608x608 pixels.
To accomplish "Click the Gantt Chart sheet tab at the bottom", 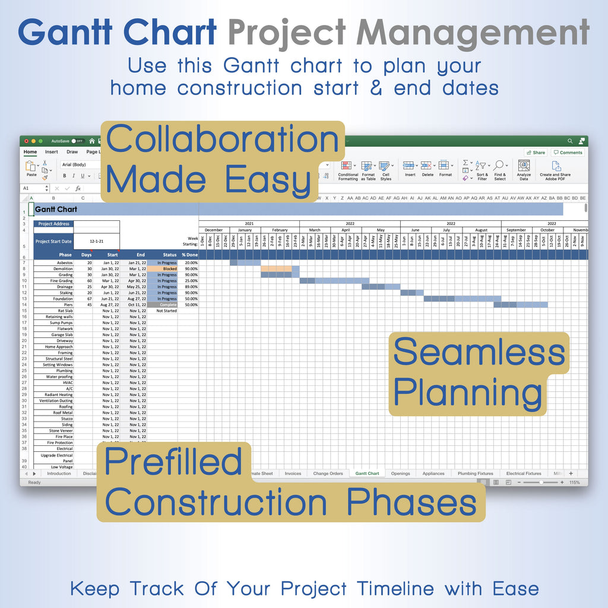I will click(x=366, y=473).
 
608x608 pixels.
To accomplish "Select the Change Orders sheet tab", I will click(x=328, y=473).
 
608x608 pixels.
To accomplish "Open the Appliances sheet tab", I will click(x=433, y=473).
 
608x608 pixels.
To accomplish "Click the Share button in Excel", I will click(x=536, y=153).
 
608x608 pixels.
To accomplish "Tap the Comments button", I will click(x=568, y=153).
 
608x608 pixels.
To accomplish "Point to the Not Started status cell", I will click(x=166, y=311).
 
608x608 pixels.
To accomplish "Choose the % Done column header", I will click(x=189, y=255).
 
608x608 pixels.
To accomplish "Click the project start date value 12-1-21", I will click(x=97, y=242).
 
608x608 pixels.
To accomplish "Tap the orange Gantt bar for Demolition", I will click(x=276, y=268).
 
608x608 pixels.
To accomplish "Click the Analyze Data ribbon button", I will click(x=524, y=169).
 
